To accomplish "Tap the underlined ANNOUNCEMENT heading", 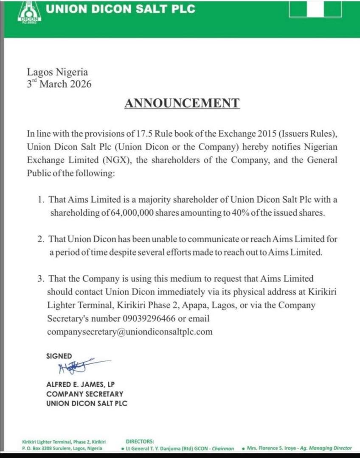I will click(182, 103).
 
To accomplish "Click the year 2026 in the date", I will click(80, 84).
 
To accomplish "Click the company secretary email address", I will click(129, 332).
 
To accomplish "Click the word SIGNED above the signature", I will click(59, 356).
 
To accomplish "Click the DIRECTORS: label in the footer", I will click(140, 441).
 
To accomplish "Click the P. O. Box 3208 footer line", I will click(62, 448).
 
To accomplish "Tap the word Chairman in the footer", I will click(222, 448).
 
